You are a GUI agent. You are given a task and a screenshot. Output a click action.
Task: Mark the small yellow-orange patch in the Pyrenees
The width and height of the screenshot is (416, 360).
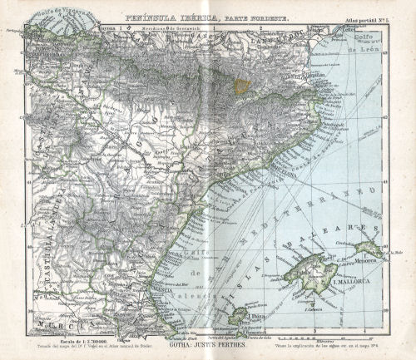click(241, 86)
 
